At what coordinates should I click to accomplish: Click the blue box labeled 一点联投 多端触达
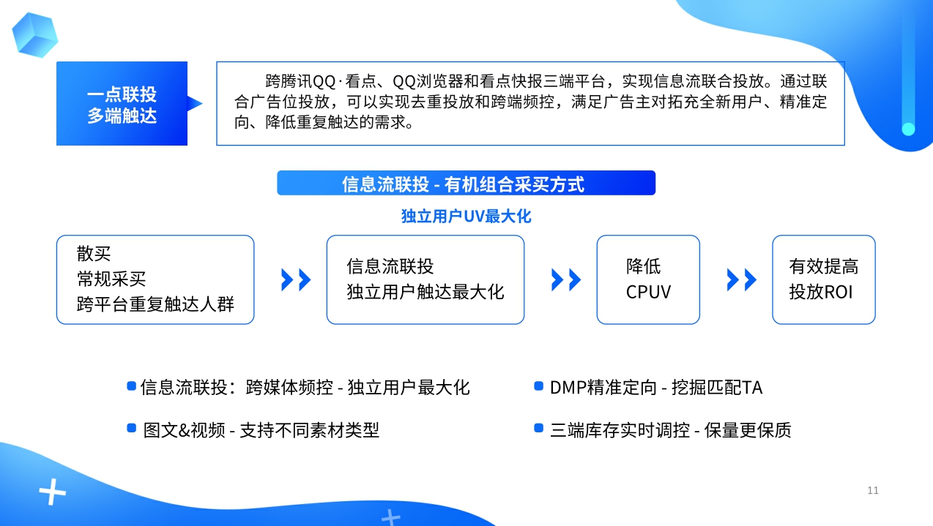[x=122, y=104]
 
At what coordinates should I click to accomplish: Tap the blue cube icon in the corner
[x=34, y=34]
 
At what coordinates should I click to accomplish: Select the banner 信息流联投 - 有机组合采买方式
[x=466, y=184]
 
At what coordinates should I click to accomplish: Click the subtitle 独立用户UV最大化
[x=466, y=217]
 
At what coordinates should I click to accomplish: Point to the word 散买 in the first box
[x=94, y=254]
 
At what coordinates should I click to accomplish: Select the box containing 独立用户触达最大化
[x=425, y=279]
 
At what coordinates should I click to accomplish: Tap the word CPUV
[x=648, y=293]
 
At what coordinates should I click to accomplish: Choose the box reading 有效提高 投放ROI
[x=823, y=279]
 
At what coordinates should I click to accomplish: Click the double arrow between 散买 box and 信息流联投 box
[x=296, y=279]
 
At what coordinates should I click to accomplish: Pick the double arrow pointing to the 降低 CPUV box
[x=566, y=279]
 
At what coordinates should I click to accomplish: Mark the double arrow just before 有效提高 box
[x=742, y=279]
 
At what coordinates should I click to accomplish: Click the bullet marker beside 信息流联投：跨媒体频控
[x=131, y=386]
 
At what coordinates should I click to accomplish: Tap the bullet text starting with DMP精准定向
[x=655, y=387]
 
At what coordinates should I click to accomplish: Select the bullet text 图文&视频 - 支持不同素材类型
[x=261, y=430]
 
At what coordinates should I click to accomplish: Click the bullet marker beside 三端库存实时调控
[x=539, y=428]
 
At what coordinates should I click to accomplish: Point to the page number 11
[x=872, y=490]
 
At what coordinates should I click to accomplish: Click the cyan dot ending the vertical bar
[x=908, y=129]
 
